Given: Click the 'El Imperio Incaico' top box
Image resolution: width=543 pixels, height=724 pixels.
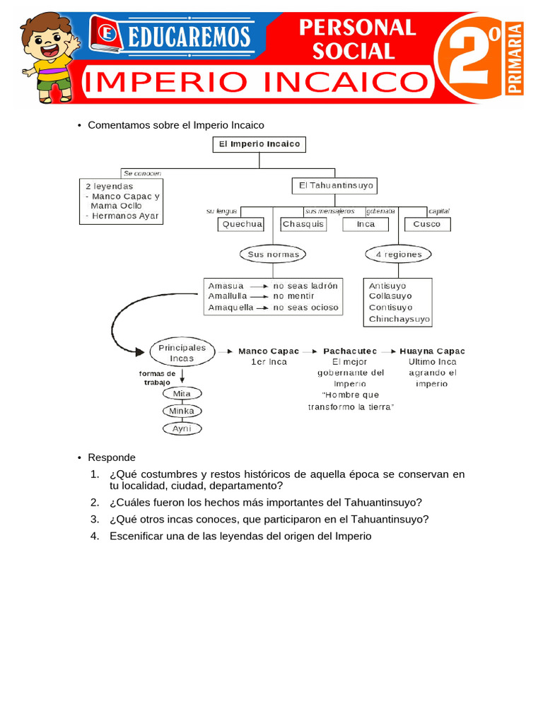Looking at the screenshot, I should (x=259, y=144).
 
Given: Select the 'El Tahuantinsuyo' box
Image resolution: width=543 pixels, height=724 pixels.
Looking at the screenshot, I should (x=334, y=186).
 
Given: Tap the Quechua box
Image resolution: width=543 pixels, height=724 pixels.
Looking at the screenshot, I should (x=240, y=224).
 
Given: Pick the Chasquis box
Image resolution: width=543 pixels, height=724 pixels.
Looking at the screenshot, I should (x=303, y=224).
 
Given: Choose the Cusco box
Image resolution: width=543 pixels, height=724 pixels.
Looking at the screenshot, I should (x=426, y=224).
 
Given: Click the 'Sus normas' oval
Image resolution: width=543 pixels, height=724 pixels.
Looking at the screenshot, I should (x=273, y=254).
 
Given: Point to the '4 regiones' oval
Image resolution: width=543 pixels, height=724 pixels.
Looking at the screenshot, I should (x=398, y=254).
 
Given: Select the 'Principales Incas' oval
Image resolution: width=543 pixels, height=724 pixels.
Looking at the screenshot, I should (x=182, y=353).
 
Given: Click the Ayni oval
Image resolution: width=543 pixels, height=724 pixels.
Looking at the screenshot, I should (x=182, y=428).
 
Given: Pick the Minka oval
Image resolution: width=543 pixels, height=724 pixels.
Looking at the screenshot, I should (x=182, y=411).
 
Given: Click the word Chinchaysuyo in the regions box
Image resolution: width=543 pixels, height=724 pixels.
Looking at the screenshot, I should (x=399, y=320).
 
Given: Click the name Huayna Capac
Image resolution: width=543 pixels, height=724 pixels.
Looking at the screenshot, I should (x=432, y=351).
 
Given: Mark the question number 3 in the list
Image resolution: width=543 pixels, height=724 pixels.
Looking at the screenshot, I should (x=95, y=519).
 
